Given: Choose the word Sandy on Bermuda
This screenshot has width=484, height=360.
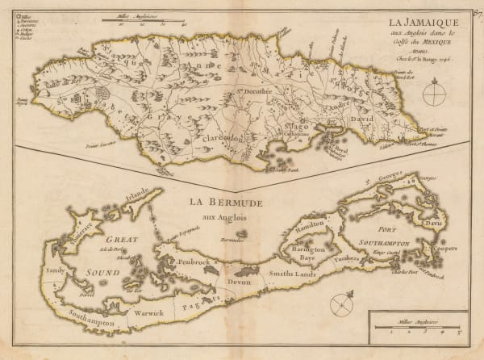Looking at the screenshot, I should [x=54, y=270].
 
